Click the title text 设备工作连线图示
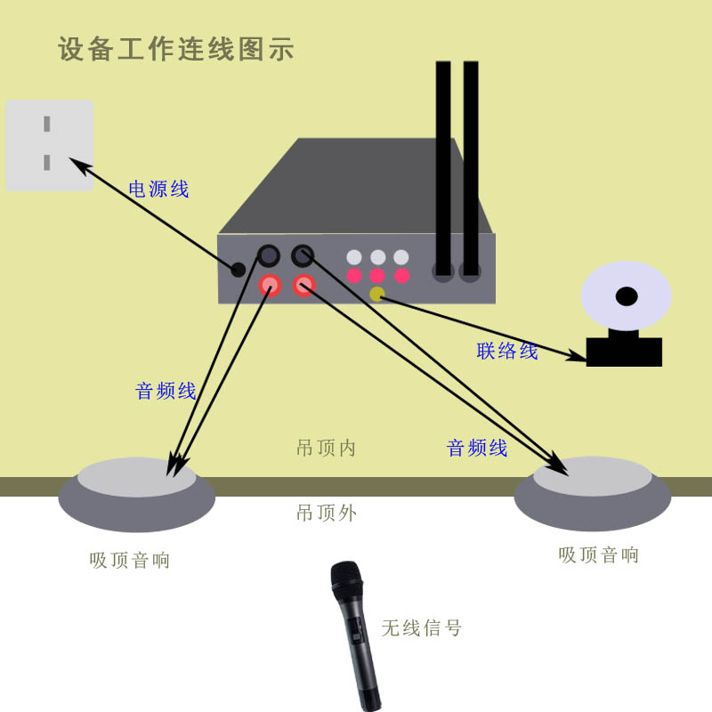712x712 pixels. pos(176,49)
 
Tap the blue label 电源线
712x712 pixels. pos(159,189)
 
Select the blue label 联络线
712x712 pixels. pos(507,351)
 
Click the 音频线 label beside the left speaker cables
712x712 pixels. pos(166,391)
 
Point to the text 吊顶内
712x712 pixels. pos(326,448)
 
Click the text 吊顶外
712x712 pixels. pos(326,513)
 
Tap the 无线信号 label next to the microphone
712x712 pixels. pos(422,627)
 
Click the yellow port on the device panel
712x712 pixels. pos(376,294)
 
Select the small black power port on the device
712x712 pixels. pos(238,269)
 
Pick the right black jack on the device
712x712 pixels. pos(303,255)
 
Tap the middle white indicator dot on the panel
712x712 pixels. pos(377,257)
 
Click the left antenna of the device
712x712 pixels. pos(443,169)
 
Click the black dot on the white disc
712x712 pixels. pos(627,296)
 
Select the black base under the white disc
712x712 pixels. pos(624,352)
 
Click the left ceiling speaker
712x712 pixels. pos(137,494)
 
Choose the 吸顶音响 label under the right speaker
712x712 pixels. pos(599,555)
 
